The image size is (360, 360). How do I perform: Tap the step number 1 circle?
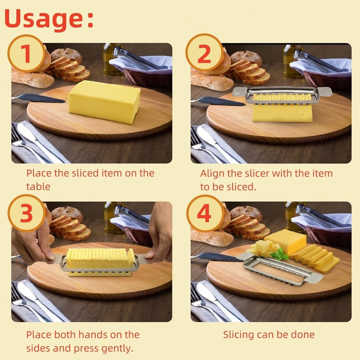26,54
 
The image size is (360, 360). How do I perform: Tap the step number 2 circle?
204,54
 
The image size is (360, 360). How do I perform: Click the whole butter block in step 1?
104,101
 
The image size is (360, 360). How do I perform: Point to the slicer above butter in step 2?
282,95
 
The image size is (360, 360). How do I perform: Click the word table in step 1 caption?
38,186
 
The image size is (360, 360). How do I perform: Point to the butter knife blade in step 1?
43,98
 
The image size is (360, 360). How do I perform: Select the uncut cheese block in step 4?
286,241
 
